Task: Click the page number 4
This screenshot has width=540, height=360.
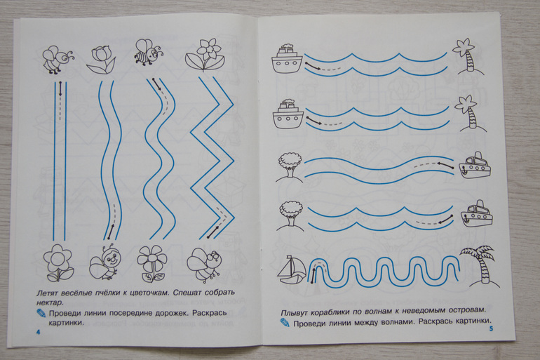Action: point(39,332)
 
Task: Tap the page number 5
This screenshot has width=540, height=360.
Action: point(491,328)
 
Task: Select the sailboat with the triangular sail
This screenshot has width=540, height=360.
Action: point(291,270)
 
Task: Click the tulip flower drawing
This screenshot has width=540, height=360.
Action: point(100,59)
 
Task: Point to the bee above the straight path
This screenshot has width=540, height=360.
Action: point(58,58)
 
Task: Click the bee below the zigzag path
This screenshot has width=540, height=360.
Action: point(205,265)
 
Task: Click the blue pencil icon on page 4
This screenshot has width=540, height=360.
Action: point(41,314)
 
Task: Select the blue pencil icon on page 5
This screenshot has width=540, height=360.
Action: point(285,323)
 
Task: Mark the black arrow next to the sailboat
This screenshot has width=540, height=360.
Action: point(313,275)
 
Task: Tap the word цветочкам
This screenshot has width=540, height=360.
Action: point(145,293)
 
